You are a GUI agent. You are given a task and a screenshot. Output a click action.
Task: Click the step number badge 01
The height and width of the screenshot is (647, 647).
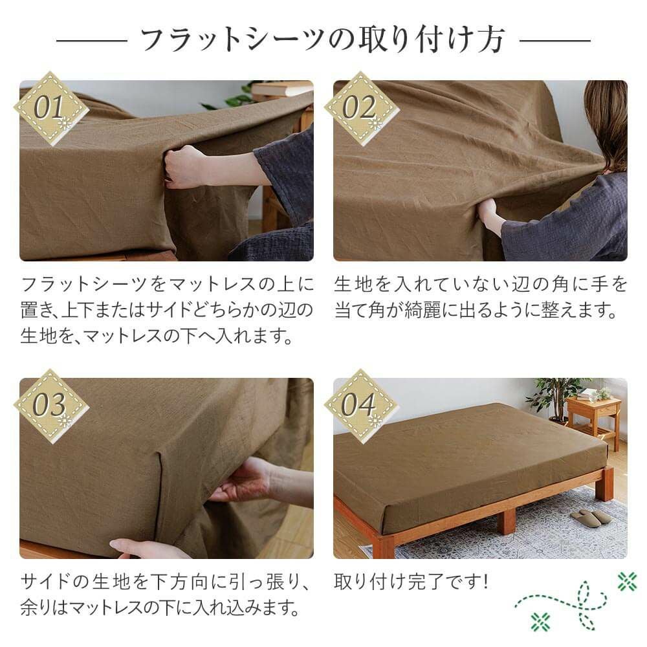(x=51, y=108)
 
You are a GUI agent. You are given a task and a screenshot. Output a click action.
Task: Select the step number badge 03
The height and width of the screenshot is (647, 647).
(x=51, y=406)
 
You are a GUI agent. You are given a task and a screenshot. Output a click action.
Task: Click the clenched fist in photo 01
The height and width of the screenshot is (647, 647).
(x=182, y=167)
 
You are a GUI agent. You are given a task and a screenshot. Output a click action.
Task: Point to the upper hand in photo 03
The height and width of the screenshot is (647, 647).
(x=243, y=481)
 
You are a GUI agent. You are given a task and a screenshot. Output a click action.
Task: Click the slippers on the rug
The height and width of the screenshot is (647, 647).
(x=590, y=518)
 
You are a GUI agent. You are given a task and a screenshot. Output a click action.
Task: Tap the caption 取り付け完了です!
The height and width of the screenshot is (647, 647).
(x=411, y=582)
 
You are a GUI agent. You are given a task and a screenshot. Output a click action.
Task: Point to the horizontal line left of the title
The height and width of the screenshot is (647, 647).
(x=92, y=40)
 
